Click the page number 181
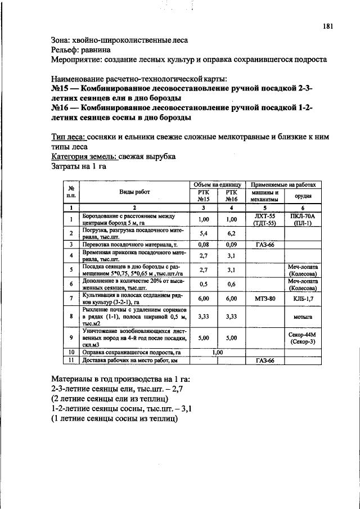pyautogui.click(x=328, y=26)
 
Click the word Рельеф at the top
pyautogui.click(x=65, y=49)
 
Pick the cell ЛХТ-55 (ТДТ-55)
pyautogui.click(x=264, y=219)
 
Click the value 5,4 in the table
pyautogui.click(x=204, y=233)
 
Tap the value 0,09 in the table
pyautogui.click(x=231, y=245)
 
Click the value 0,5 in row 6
pyautogui.click(x=204, y=284)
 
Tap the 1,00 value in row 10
pyautogui.click(x=217, y=352)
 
